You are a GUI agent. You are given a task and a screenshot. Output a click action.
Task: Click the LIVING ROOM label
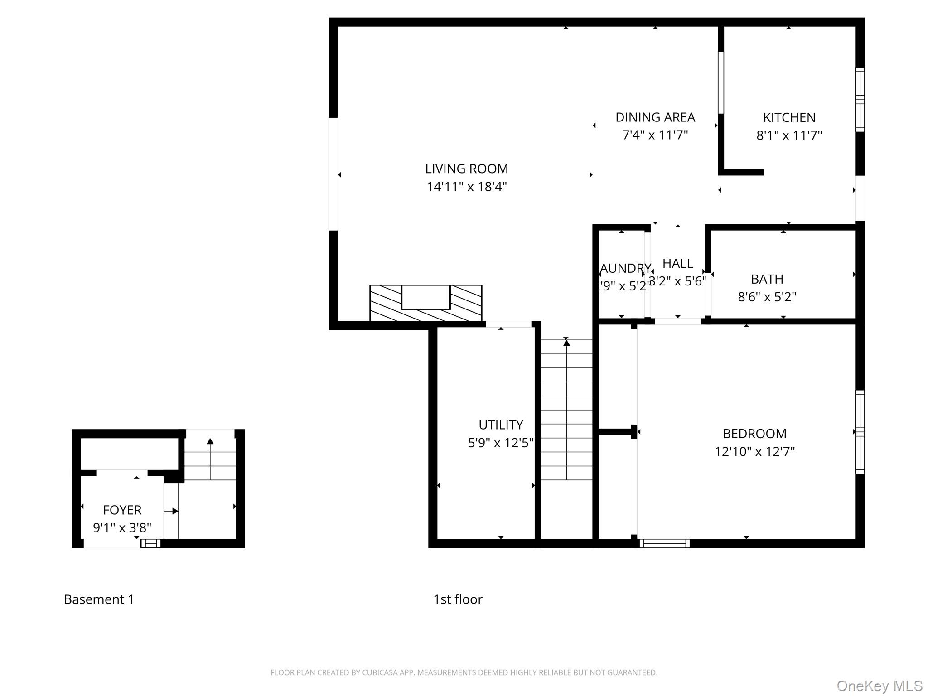click(x=466, y=169)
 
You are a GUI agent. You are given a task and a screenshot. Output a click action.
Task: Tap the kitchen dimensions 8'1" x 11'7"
click(x=788, y=135)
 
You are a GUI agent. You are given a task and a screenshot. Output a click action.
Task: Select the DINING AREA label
click(x=655, y=117)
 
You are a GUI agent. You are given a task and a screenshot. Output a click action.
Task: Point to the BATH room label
click(x=767, y=279)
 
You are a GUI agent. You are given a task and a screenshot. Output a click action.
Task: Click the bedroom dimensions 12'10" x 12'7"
click(x=754, y=452)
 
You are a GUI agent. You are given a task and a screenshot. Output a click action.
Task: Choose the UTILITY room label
click(x=500, y=425)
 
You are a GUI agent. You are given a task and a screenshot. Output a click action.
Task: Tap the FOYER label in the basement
click(x=122, y=510)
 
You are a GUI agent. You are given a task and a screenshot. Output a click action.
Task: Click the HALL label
click(x=677, y=264)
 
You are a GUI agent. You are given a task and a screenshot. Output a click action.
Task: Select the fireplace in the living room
click(x=425, y=303)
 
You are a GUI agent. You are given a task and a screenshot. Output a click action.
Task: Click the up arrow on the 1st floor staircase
click(x=566, y=343)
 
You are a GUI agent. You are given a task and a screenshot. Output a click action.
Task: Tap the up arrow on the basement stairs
click(x=210, y=441)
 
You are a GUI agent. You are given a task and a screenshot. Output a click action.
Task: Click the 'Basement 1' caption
click(x=99, y=599)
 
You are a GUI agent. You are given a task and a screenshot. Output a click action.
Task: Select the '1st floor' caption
click(x=458, y=599)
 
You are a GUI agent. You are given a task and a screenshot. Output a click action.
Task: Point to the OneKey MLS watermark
click(x=879, y=686)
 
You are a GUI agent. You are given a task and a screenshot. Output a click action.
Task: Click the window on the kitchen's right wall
click(x=860, y=100)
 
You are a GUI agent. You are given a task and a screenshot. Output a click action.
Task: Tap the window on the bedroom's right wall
click(x=860, y=432)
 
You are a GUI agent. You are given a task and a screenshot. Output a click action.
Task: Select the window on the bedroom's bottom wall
click(x=664, y=543)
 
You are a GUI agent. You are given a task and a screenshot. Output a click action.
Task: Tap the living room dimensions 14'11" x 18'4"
click(x=466, y=187)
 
